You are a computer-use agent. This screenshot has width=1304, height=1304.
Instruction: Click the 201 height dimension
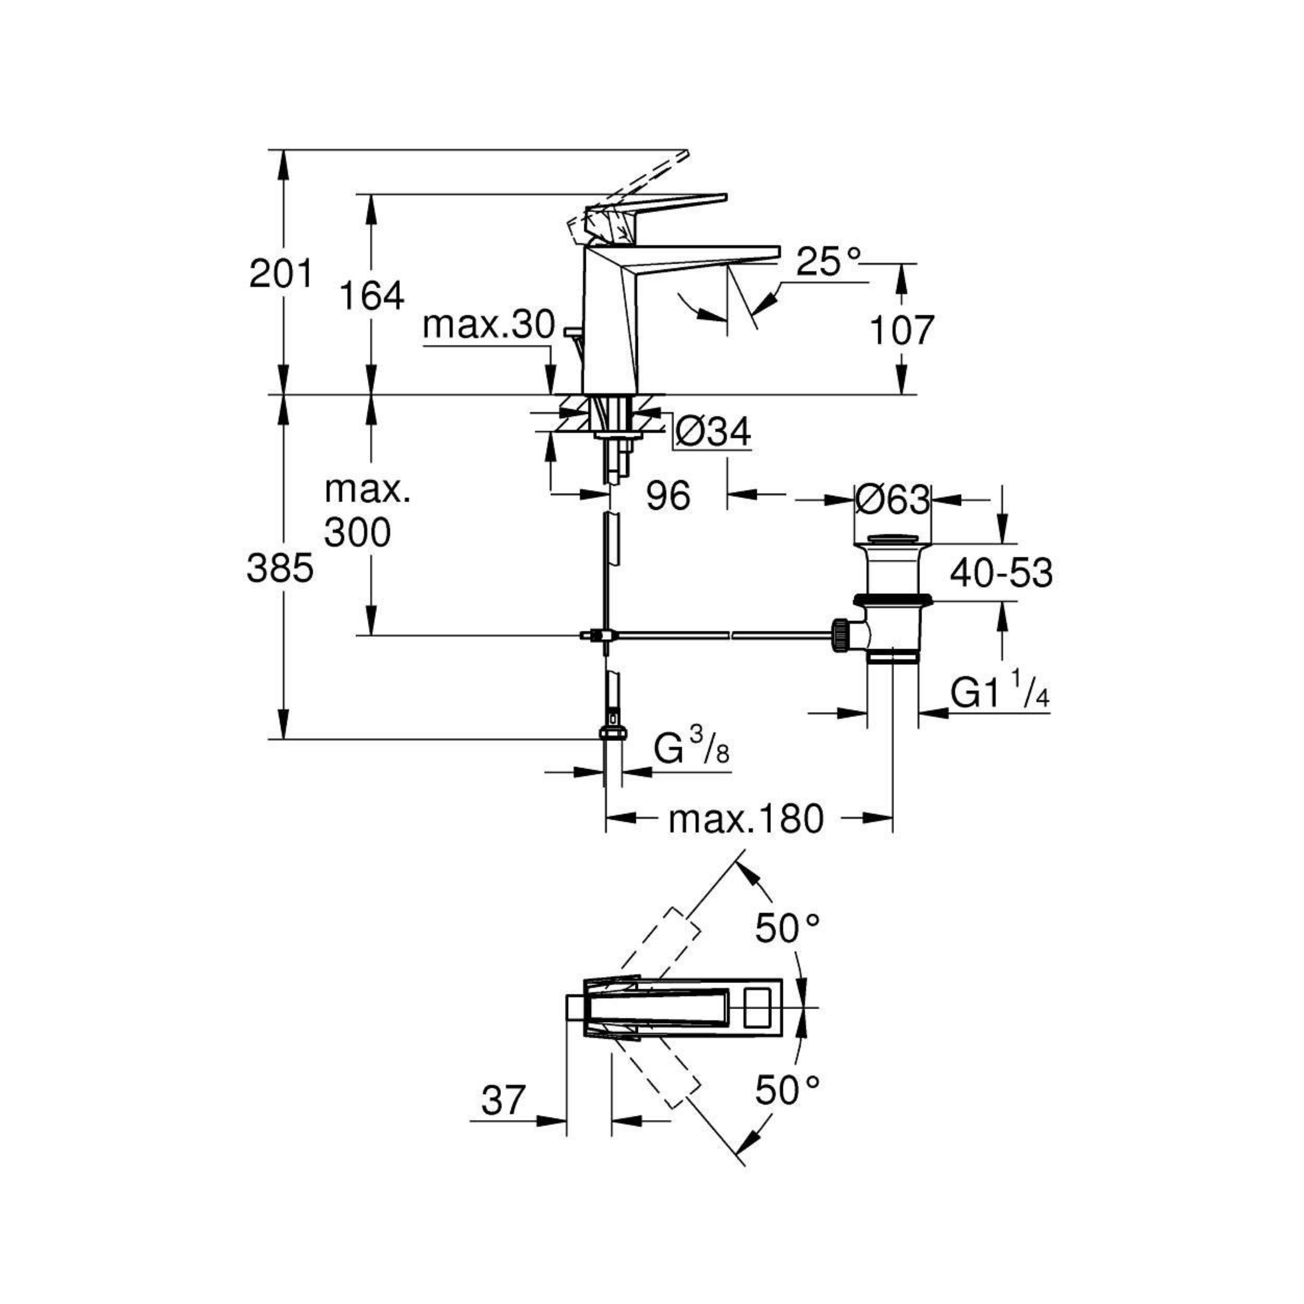[281, 273]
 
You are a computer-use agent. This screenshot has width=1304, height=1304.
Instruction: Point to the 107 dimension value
[901, 330]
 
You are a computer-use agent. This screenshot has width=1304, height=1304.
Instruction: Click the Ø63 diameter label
[892, 500]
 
